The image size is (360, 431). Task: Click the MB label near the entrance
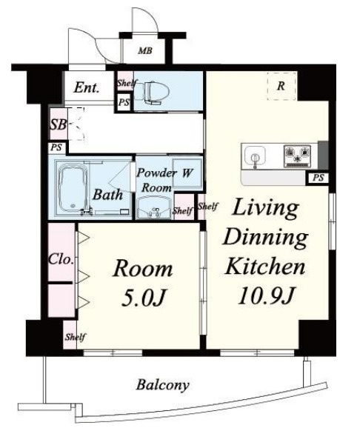click(145, 50)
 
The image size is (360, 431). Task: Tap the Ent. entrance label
click(86, 87)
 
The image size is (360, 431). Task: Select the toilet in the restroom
click(149, 93)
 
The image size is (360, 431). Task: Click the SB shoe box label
click(59, 124)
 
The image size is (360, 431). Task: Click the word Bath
click(107, 194)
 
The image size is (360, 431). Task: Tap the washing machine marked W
click(187, 173)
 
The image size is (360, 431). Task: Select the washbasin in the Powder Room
click(153, 208)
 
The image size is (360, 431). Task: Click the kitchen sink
click(255, 156)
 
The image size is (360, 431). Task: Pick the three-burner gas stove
click(297, 156)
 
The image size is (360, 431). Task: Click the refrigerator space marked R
click(281, 86)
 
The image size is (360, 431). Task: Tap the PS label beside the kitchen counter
click(319, 178)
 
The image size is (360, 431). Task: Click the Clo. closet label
click(61, 259)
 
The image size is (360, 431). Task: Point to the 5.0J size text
click(143, 298)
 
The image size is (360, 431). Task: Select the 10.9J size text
click(266, 295)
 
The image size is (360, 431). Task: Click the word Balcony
click(163, 385)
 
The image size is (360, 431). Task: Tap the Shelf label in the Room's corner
click(76, 337)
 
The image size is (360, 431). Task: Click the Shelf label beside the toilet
click(127, 82)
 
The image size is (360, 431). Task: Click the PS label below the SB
click(56, 147)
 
